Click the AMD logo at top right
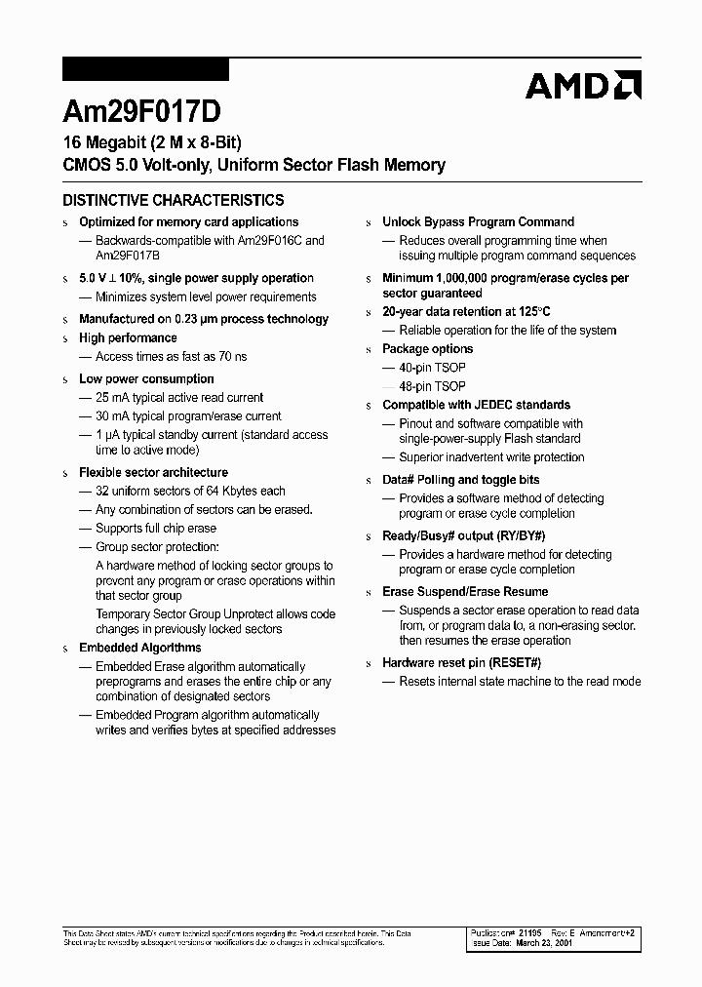pyautogui.click(x=583, y=86)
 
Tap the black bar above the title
pyautogui.click(x=145, y=69)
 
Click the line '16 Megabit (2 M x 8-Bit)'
pyautogui.click(x=151, y=142)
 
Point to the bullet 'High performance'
pyautogui.click(x=128, y=337)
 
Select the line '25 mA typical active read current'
pyautogui.click(x=179, y=397)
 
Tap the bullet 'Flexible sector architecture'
pyautogui.click(x=153, y=472)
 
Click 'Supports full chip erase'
pyautogui.click(x=155, y=528)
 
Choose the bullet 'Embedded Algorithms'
pyautogui.click(x=139, y=648)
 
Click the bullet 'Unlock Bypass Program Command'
pyautogui.click(x=478, y=222)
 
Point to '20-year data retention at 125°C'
pyautogui.click(x=466, y=312)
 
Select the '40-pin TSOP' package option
pyautogui.click(x=432, y=368)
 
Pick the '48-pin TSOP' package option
pyautogui.click(x=432, y=386)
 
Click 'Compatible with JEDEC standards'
pyautogui.click(x=476, y=405)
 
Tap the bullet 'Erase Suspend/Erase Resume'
pyautogui.click(x=465, y=592)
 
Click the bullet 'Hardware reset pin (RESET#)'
pyautogui.click(x=461, y=663)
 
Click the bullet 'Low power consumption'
pyautogui.click(x=146, y=378)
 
